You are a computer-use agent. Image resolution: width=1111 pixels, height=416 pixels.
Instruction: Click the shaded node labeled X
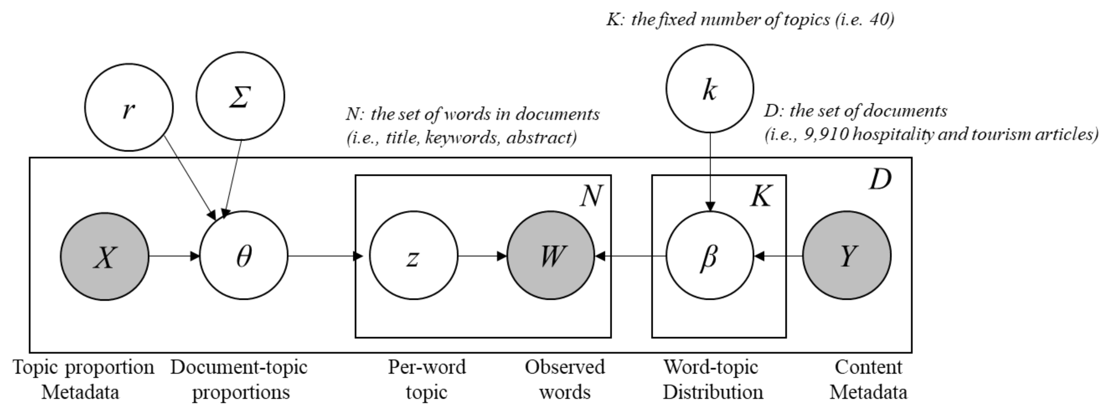[x=105, y=256]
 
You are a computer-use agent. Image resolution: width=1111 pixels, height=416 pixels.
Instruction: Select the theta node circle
[x=244, y=256]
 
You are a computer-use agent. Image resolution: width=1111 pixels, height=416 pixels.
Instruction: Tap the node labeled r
[x=129, y=108]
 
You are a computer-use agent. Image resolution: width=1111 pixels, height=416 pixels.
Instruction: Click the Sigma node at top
[x=240, y=96]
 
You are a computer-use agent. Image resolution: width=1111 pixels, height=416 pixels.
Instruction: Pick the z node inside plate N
[x=413, y=256]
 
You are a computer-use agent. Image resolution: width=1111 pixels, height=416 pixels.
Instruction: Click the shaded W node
[x=551, y=256]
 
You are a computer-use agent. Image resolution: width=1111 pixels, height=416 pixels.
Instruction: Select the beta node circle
[x=710, y=256]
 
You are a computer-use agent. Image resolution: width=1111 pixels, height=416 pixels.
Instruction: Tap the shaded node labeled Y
[x=847, y=256]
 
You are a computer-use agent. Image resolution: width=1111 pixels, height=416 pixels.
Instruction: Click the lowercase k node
[x=710, y=89]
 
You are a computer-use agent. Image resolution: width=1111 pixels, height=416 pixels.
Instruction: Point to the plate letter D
[x=880, y=180]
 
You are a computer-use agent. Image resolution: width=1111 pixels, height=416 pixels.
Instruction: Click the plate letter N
[x=591, y=197]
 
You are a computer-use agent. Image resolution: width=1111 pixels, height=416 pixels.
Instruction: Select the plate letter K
[x=761, y=197]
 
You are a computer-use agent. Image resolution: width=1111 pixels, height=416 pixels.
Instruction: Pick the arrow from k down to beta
[x=710, y=172]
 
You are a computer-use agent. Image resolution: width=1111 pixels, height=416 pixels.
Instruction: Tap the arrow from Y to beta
[x=779, y=256]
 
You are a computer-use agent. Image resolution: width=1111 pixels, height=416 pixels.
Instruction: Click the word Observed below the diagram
[x=564, y=368]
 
